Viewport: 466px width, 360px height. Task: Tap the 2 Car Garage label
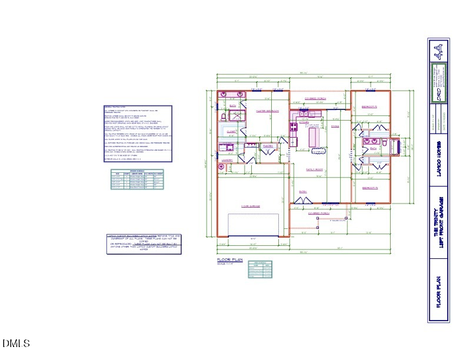tap(251, 206)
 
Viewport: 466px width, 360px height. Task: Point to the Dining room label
tap(335, 126)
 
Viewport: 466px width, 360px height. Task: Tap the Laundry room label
tap(228, 159)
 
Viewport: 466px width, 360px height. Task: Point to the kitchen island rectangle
tap(311, 137)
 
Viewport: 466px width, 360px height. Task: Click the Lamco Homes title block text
tap(437, 155)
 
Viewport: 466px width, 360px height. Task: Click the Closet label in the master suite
tap(232, 132)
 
